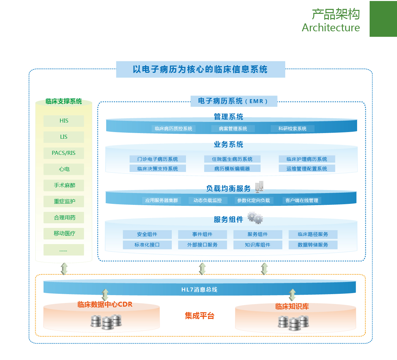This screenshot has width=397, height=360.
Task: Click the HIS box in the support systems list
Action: click(64, 121)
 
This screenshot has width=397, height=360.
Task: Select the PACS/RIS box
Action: click(64, 153)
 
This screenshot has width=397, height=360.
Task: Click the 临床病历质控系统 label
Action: click(173, 128)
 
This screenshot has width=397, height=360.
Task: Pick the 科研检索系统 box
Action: click(292, 128)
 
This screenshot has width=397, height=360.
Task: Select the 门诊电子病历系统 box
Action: click(158, 159)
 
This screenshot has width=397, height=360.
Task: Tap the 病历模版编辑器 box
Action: click(232, 169)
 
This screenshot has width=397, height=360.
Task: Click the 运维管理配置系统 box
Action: click(307, 169)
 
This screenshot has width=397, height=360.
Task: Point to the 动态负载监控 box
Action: click(207, 200)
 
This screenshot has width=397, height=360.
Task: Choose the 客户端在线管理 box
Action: click(302, 200)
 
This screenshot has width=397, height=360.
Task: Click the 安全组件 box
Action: click(147, 234)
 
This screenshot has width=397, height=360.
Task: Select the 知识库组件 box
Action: click(258, 245)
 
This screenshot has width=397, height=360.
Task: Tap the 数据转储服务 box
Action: click(313, 245)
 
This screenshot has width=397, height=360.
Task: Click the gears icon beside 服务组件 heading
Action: click(256, 218)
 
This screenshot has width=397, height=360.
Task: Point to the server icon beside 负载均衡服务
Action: click(260, 187)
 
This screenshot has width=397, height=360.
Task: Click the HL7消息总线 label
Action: click(199, 290)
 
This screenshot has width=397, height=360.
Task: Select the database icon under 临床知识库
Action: click(293, 322)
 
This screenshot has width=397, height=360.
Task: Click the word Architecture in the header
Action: click(331, 28)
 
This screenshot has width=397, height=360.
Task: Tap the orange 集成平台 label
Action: click(199, 316)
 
